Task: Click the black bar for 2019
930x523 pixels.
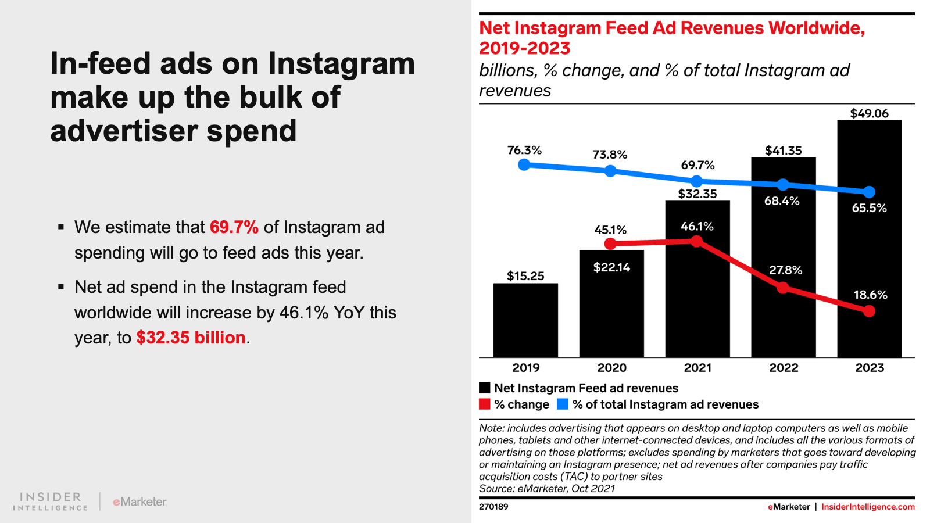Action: click(525, 320)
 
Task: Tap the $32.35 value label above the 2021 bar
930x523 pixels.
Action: click(697, 194)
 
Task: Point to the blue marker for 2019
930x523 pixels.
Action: click(524, 164)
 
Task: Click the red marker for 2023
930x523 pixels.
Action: click(869, 311)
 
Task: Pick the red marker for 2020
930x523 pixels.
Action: click(610, 244)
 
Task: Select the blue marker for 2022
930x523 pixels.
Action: click(783, 185)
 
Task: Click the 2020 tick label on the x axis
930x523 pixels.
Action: click(611, 368)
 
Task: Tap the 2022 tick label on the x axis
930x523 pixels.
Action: click(784, 368)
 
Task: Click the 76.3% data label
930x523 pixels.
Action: click(524, 151)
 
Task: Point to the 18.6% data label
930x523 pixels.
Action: click(870, 295)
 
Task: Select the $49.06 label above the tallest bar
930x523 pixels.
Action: click(869, 114)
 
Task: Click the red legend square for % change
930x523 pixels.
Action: click(485, 404)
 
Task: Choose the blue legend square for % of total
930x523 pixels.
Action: click(562, 404)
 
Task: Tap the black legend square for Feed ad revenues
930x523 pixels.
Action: click(485, 388)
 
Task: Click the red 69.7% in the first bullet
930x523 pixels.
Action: click(234, 227)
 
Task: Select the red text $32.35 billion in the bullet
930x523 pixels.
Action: click(191, 338)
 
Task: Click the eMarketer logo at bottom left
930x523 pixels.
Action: click(139, 501)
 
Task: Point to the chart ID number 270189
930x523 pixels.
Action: click(493, 507)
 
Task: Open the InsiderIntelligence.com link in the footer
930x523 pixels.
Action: click(868, 507)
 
